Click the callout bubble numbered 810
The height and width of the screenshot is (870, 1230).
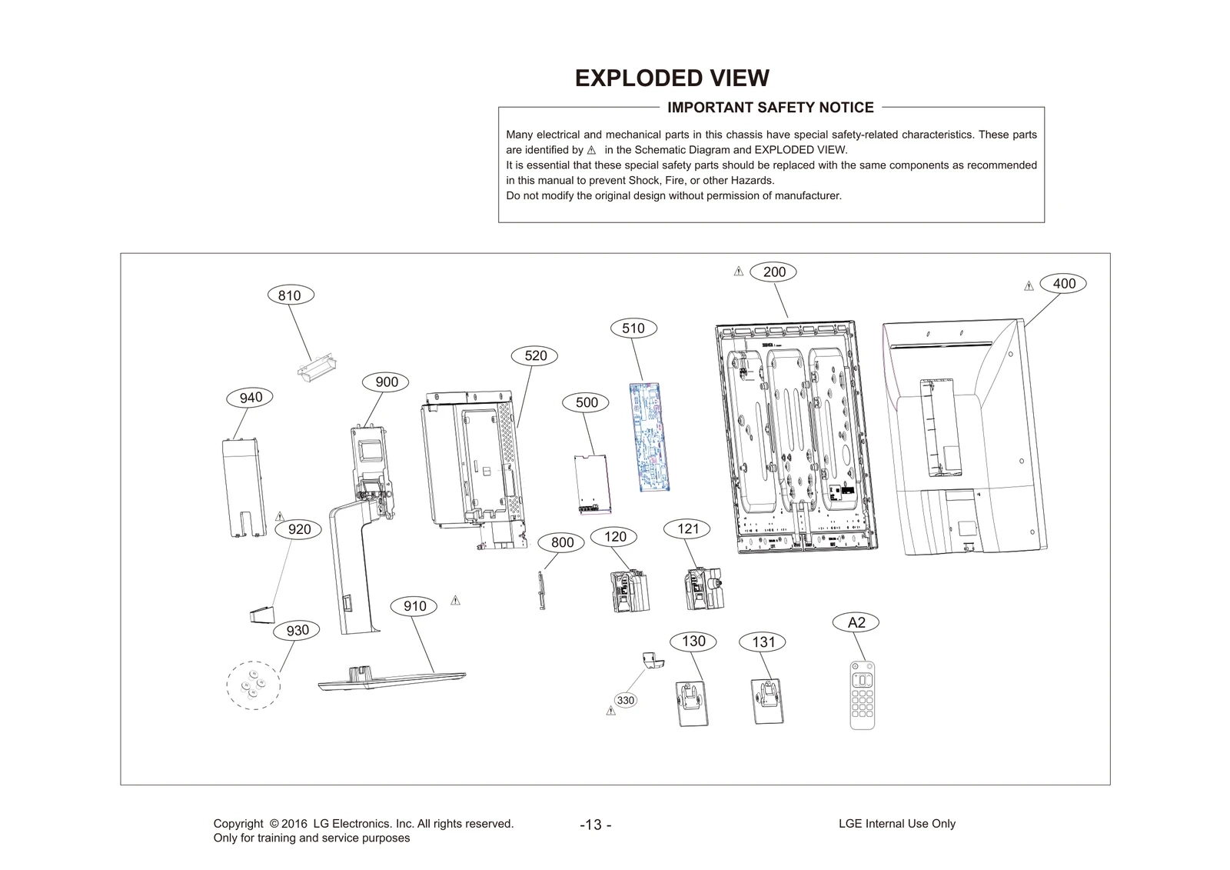point(289,295)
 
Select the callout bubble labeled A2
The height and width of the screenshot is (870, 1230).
point(856,622)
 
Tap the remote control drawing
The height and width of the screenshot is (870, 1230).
point(862,695)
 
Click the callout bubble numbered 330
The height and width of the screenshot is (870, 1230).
point(626,701)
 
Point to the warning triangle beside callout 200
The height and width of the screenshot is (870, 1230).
point(738,272)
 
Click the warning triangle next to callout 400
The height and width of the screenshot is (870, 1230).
point(1029,286)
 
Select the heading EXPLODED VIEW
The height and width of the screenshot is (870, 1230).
point(672,78)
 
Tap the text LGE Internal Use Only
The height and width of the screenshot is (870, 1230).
point(896,824)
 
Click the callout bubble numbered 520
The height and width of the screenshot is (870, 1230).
point(536,355)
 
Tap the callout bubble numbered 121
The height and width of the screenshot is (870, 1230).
point(688,528)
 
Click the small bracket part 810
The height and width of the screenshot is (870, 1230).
point(317,363)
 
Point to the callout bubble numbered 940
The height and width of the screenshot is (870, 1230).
point(251,398)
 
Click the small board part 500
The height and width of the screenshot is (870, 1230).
point(592,484)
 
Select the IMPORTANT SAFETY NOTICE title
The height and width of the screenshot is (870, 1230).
point(770,108)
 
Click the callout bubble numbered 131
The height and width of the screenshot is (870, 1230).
point(763,642)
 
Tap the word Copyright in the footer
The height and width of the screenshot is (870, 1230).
point(238,824)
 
